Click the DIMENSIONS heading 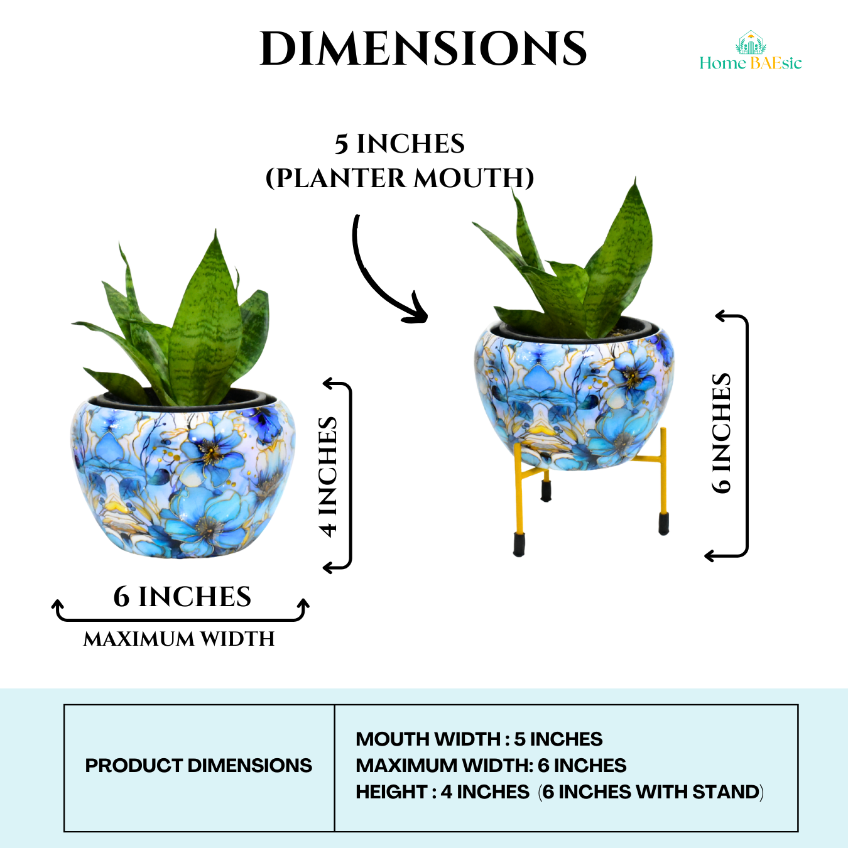pos(423,49)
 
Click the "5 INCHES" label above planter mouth pos(400,144)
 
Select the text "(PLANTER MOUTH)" pos(400,178)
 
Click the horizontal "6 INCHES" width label pos(182,597)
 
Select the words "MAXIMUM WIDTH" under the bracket pos(180,639)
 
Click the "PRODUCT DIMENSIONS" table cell pos(198,766)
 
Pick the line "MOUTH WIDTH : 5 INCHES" pos(479,739)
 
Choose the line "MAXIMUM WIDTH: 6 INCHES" pos(491,766)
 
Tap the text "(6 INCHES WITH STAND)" pos(651,792)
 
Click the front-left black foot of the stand pos(519,545)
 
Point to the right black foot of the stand pos(663,523)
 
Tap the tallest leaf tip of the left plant pos(216,234)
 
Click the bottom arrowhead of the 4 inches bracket pos(327,568)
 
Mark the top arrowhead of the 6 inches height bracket pos(720,316)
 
